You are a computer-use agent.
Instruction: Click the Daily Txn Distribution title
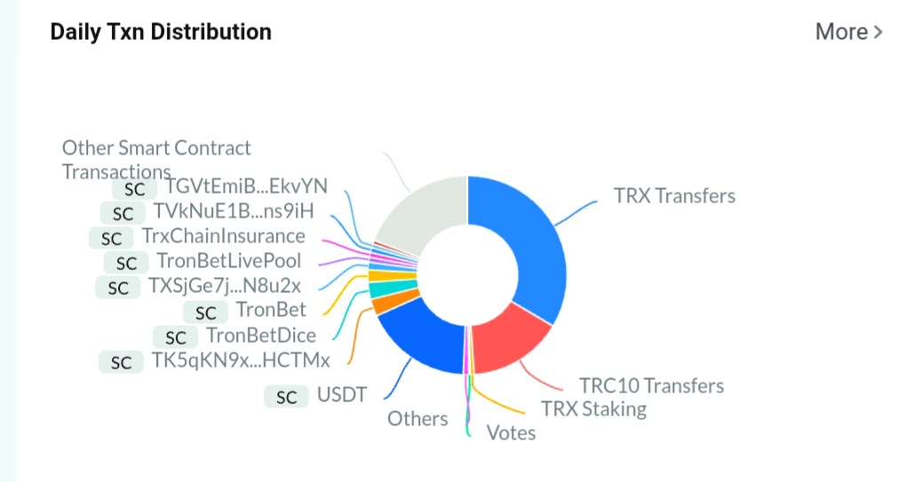coord(161,31)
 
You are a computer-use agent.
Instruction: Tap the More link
coord(849,31)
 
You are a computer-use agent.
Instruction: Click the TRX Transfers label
coord(674,196)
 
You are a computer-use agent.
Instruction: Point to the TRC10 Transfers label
coord(652,385)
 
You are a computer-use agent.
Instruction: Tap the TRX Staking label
coord(594,409)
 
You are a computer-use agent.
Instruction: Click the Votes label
coord(512,433)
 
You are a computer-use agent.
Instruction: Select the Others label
coord(417,419)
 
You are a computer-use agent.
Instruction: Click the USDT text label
coord(342,395)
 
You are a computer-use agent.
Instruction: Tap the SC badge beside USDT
coord(286,397)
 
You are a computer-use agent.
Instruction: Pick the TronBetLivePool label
coord(229,261)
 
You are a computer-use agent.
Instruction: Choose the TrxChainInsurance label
coord(224,236)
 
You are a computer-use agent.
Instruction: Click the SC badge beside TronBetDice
coord(175,337)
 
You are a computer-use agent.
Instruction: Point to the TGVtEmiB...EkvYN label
coord(246,186)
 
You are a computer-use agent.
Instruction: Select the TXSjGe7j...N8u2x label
coord(224,286)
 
